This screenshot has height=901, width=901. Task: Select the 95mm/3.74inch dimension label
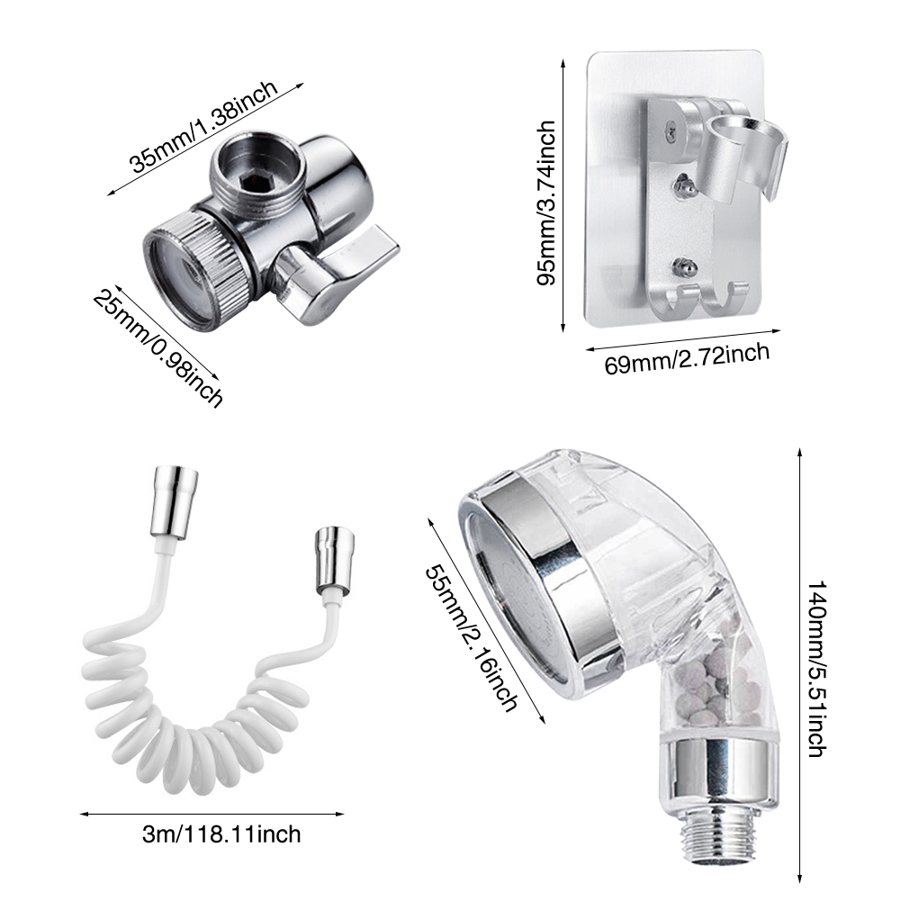click(x=545, y=203)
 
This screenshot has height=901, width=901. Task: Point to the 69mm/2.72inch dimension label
click(x=687, y=358)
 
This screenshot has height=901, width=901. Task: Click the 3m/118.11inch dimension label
click(x=221, y=834)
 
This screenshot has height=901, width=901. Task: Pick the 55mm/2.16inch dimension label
click(x=471, y=639)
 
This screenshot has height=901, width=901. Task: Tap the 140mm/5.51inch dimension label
click(x=817, y=669)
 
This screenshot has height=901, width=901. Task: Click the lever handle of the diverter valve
click(x=340, y=269)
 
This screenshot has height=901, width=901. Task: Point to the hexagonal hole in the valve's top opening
click(x=250, y=183)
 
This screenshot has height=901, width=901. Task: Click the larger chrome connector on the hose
click(x=175, y=503)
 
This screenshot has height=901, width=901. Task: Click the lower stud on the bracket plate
click(x=684, y=267)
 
